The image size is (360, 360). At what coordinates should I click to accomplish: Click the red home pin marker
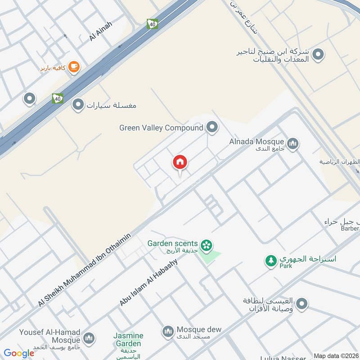coord(180,162)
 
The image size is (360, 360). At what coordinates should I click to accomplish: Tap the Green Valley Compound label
coord(161,128)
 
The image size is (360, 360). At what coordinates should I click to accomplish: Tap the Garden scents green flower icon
coord(207,245)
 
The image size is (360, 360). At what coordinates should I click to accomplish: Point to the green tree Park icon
coord(271,261)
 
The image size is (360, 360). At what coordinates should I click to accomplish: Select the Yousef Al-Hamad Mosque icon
coord(89,338)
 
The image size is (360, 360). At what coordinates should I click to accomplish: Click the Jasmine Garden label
coord(128,340)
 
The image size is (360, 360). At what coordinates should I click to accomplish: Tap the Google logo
coord(19,353)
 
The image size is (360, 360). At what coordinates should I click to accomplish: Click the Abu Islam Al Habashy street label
coord(149,282)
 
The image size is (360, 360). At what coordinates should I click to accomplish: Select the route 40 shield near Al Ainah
coord(152,24)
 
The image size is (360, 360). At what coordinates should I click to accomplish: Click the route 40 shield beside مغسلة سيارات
coord(57,98)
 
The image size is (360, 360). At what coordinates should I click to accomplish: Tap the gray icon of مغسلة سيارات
coord(78,105)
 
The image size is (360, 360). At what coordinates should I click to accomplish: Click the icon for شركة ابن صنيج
coord(319,55)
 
